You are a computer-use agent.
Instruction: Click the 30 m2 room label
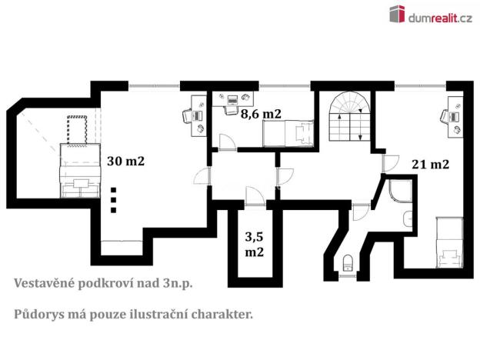tap(126, 162)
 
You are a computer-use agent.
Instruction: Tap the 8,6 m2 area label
tap(261, 114)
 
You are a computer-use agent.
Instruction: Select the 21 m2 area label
tap(430, 164)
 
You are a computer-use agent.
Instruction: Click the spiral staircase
tap(349, 116)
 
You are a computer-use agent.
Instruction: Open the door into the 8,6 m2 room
tap(228, 142)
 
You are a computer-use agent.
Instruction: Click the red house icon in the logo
tap(396, 13)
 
